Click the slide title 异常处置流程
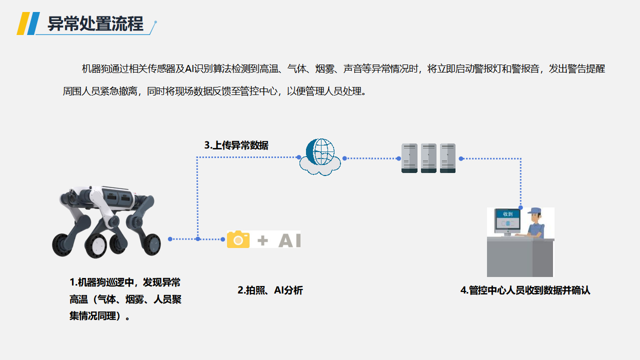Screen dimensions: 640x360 point(95,23)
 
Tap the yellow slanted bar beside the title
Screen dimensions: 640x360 point(23,23)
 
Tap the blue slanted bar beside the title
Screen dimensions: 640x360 point(33,23)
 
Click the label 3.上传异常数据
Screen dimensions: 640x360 point(236,145)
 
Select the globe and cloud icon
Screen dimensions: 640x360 point(320,157)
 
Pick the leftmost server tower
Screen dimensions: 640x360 point(409,158)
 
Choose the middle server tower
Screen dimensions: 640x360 point(428,158)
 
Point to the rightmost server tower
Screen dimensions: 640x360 point(447,158)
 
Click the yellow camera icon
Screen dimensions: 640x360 point(238,239)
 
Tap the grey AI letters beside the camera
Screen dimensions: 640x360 point(289,240)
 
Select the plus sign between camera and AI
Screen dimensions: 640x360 point(262,240)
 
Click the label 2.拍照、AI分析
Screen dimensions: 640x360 point(270,290)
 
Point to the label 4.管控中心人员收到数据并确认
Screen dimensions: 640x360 point(525,290)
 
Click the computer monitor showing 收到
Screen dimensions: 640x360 point(507,222)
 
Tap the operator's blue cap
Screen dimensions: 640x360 point(534,210)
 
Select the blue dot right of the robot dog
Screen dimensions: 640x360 point(170,239)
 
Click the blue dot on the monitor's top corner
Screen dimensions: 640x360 point(520,207)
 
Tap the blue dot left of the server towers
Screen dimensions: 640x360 point(398,158)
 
